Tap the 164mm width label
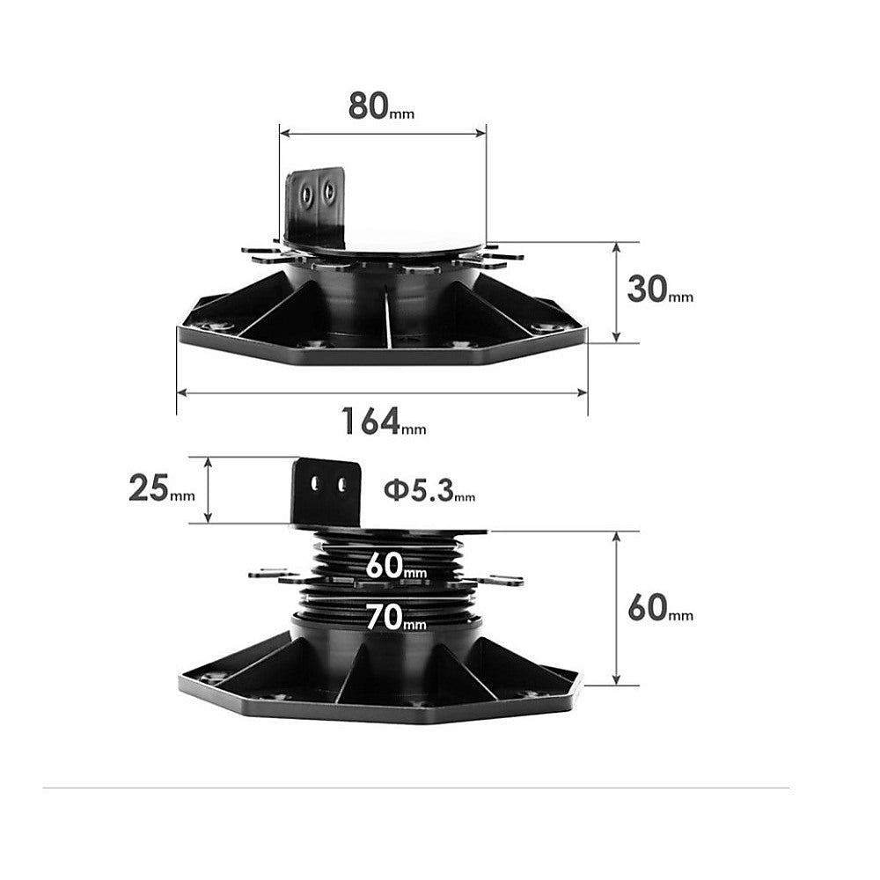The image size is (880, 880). [384, 422]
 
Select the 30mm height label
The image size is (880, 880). [659, 290]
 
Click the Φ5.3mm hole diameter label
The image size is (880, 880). [429, 490]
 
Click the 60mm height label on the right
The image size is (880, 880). [659, 608]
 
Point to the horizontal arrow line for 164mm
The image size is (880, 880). [382, 392]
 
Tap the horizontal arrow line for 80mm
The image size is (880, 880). [383, 135]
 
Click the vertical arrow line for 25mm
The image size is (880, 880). [209, 490]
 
